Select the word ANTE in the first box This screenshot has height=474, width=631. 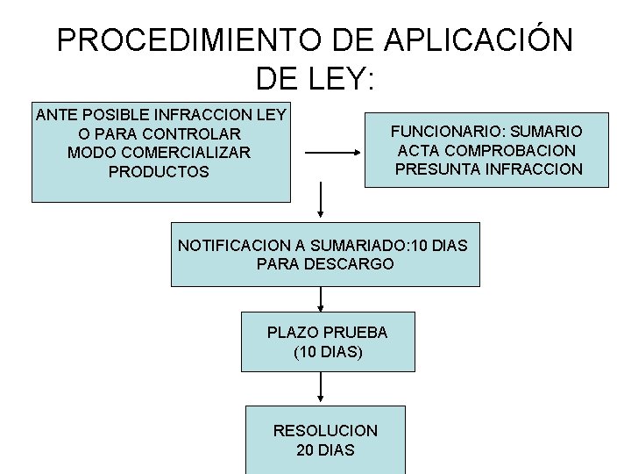click(x=54, y=114)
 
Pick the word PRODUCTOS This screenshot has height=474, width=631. click(x=159, y=172)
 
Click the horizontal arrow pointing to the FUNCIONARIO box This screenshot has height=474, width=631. click(x=333, y=153)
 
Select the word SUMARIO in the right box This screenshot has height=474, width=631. click(x=545, y=131)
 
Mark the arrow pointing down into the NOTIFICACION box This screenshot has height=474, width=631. click(x=323, y=200)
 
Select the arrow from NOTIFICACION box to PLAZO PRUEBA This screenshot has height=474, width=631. click(x=322, y=298)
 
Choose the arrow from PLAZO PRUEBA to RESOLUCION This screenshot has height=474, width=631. click(x=322, y=386)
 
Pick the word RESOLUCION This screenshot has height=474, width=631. click(x=325, y=431)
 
